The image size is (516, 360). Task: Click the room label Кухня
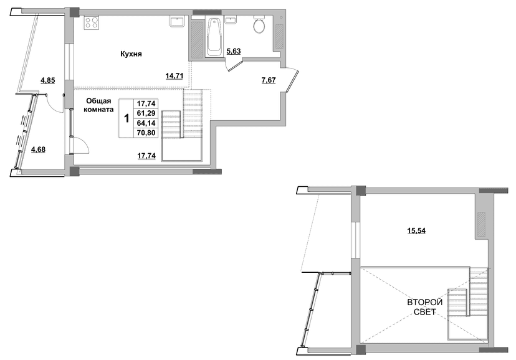click(131, 54)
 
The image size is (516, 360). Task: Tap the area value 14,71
click(174, 76)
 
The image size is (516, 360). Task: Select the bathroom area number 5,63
click(234, 51)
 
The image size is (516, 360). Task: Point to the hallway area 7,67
click(269, 80)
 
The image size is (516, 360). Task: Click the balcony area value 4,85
click(48, 80)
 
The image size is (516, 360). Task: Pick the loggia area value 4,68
click(38, 150)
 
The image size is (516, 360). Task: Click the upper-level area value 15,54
click(416, 231)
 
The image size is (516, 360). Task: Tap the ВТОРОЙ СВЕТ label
click(424, 306)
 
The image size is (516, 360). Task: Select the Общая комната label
click(98, 105)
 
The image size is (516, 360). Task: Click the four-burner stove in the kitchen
click(92, 22)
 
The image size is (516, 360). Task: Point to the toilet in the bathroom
click(259, 24)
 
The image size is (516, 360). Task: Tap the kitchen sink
click(178, 22)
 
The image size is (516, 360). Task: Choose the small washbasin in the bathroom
click(231, 20)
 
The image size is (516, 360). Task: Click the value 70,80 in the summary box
click(146, 133)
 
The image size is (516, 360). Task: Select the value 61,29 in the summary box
click(146, 113)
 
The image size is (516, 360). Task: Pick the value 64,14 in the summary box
click(146, 123)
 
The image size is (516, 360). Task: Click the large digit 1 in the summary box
click(127, 118)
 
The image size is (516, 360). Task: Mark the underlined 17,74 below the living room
click(146, 156)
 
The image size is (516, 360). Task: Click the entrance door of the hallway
click(292, 81)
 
